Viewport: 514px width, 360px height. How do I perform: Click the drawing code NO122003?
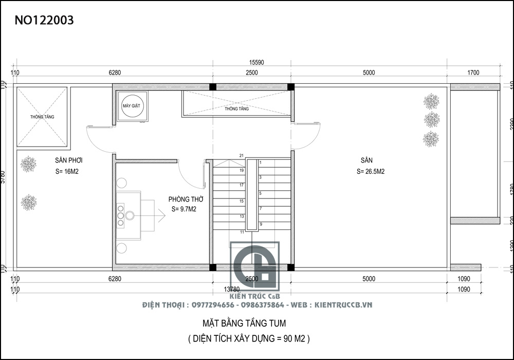point(44,20)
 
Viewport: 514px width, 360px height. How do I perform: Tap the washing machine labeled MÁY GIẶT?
point(132,106)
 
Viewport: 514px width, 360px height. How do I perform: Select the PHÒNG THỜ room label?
point(186,199)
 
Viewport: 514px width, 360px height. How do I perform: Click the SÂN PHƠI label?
point(69,160)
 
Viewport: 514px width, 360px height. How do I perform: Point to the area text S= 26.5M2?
point(371,172)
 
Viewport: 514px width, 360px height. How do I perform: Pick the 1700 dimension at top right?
point(473,73)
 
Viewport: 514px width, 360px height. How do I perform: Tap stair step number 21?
point(241,155)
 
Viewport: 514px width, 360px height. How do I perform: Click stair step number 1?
point(261,163)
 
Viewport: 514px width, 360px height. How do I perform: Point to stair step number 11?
point(241,232)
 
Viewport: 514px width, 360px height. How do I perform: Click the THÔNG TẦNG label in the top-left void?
point(42,117)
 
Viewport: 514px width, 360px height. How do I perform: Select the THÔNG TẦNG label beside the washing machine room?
point(236,109)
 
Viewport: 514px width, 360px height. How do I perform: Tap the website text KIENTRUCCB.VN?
point(343,305)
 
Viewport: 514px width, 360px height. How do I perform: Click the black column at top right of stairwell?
point(291,86)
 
